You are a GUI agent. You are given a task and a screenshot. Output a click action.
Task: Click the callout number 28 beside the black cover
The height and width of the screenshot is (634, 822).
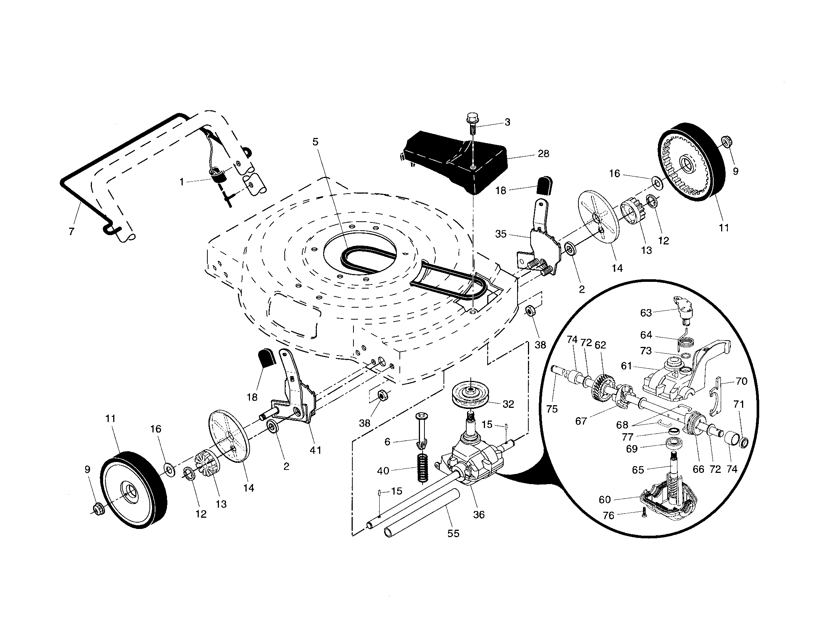[x=544, y=154]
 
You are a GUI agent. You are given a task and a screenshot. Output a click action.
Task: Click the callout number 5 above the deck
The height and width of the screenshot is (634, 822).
[x=315, y=142]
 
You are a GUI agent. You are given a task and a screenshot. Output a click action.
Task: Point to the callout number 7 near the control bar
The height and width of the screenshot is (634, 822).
[x=71, y=231]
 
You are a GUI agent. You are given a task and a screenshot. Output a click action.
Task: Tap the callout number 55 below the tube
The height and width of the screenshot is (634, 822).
[x=453, y=533]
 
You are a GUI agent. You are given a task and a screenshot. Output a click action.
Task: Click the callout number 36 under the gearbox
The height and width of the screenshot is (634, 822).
[x=479, y=514]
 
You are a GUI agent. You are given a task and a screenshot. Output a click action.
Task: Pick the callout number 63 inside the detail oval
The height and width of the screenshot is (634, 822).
[x=646, y=313]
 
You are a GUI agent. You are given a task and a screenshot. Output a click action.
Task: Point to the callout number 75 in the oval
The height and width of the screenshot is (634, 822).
[x=552, y=409]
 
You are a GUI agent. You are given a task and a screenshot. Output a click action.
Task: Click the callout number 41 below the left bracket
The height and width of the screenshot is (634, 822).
[x=315, y=450]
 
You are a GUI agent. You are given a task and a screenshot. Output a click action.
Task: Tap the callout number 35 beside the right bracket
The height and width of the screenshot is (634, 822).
[x=501, y=234]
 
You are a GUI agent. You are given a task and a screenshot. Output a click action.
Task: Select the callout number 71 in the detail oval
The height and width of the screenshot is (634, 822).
[x=739, y=404]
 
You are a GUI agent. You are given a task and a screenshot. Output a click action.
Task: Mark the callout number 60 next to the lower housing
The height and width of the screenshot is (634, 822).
[x=605, y=499]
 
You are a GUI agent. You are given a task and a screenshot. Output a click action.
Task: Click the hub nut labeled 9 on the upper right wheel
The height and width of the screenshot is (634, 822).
[x=724, y=142]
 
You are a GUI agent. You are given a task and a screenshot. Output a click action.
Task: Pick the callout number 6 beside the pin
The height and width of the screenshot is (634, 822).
[x=387, y=441]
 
